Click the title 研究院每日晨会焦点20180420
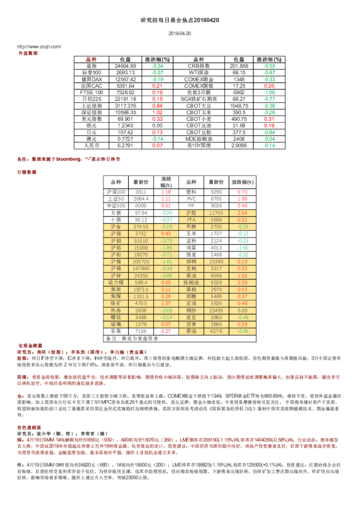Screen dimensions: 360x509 [180, 20]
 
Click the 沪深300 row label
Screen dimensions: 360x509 [115, 192]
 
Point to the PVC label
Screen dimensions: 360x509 [191, 198]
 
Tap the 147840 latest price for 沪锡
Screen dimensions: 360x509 [140, 268]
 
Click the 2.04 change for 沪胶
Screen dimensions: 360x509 [243, 213]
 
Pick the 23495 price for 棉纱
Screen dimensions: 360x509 [216, 310]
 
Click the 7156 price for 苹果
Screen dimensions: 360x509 [140, 331]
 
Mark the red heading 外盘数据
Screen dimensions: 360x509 [28, 53]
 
